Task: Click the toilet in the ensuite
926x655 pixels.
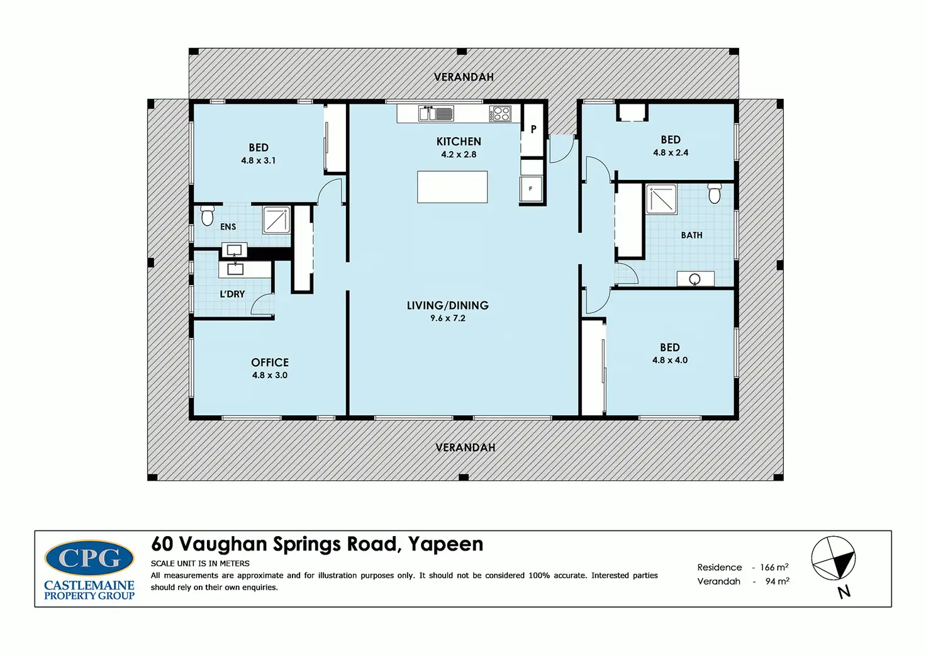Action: coord(207,215)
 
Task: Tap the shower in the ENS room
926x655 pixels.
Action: coord(277,220)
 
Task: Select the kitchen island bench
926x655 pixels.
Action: coord(452,187)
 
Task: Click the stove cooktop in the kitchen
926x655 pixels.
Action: coord(500,114)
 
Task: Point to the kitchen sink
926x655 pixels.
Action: coord(436,113)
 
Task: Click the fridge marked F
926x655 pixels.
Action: coord(531,189)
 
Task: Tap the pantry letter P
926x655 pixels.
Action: coord(533,130)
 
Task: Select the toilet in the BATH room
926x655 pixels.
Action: coord(715,194)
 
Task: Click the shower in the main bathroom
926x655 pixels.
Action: coord(662,199)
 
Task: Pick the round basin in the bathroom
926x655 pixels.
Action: coord(695,279)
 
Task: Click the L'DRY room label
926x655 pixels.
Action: coord(232,294)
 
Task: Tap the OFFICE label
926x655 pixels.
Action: coord(270,362)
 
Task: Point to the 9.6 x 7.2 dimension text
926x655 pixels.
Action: coord(448,318)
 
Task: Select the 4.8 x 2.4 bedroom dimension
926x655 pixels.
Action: coord(671,153)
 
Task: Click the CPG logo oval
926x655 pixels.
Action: coord(89,558)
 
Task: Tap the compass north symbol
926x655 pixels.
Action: coord(834,558)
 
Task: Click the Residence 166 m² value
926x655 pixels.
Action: coord(774,567)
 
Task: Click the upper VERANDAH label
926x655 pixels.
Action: coord(464,77)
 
